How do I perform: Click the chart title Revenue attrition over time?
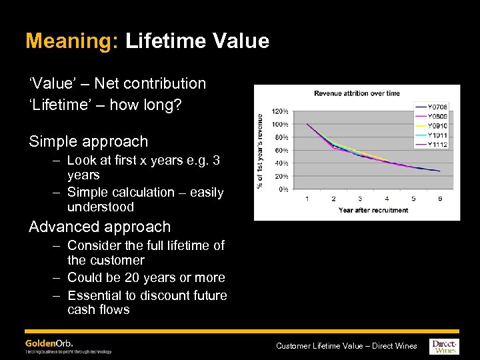[357, 93]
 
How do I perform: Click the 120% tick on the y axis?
[280, 111]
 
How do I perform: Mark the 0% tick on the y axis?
[283, 189]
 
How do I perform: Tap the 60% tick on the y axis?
[281, 150]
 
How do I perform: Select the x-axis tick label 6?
[439, 199]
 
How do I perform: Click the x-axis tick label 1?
[307, 199]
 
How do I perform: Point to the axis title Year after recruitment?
[373, 210]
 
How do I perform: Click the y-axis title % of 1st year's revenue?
[261, 150]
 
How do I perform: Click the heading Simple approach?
[88, 141]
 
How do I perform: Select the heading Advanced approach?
[99, 227]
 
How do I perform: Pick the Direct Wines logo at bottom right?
[445, 345]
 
